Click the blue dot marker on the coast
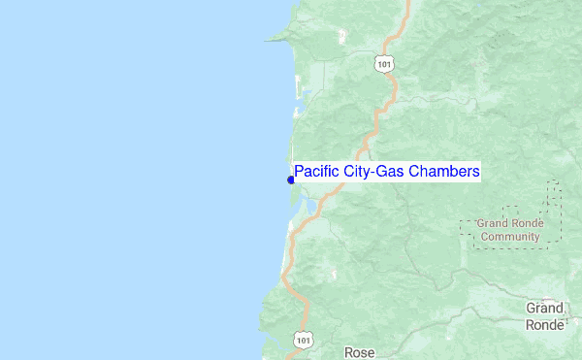[291, 180]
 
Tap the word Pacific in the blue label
[316, 172]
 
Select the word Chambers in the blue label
[443, 172]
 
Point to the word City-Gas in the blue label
[372, 172]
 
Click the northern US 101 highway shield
[384, 63]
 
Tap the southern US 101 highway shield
[305, 341]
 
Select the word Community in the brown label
[510, 236]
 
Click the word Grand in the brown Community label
[493, 223]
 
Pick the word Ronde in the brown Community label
[528, 223]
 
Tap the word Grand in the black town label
[544, 308]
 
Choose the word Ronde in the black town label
[544, 325]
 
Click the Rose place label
[359, 352]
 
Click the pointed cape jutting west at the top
[273, 40]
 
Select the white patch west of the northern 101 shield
[343, 38]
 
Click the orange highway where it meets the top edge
[408, 3]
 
